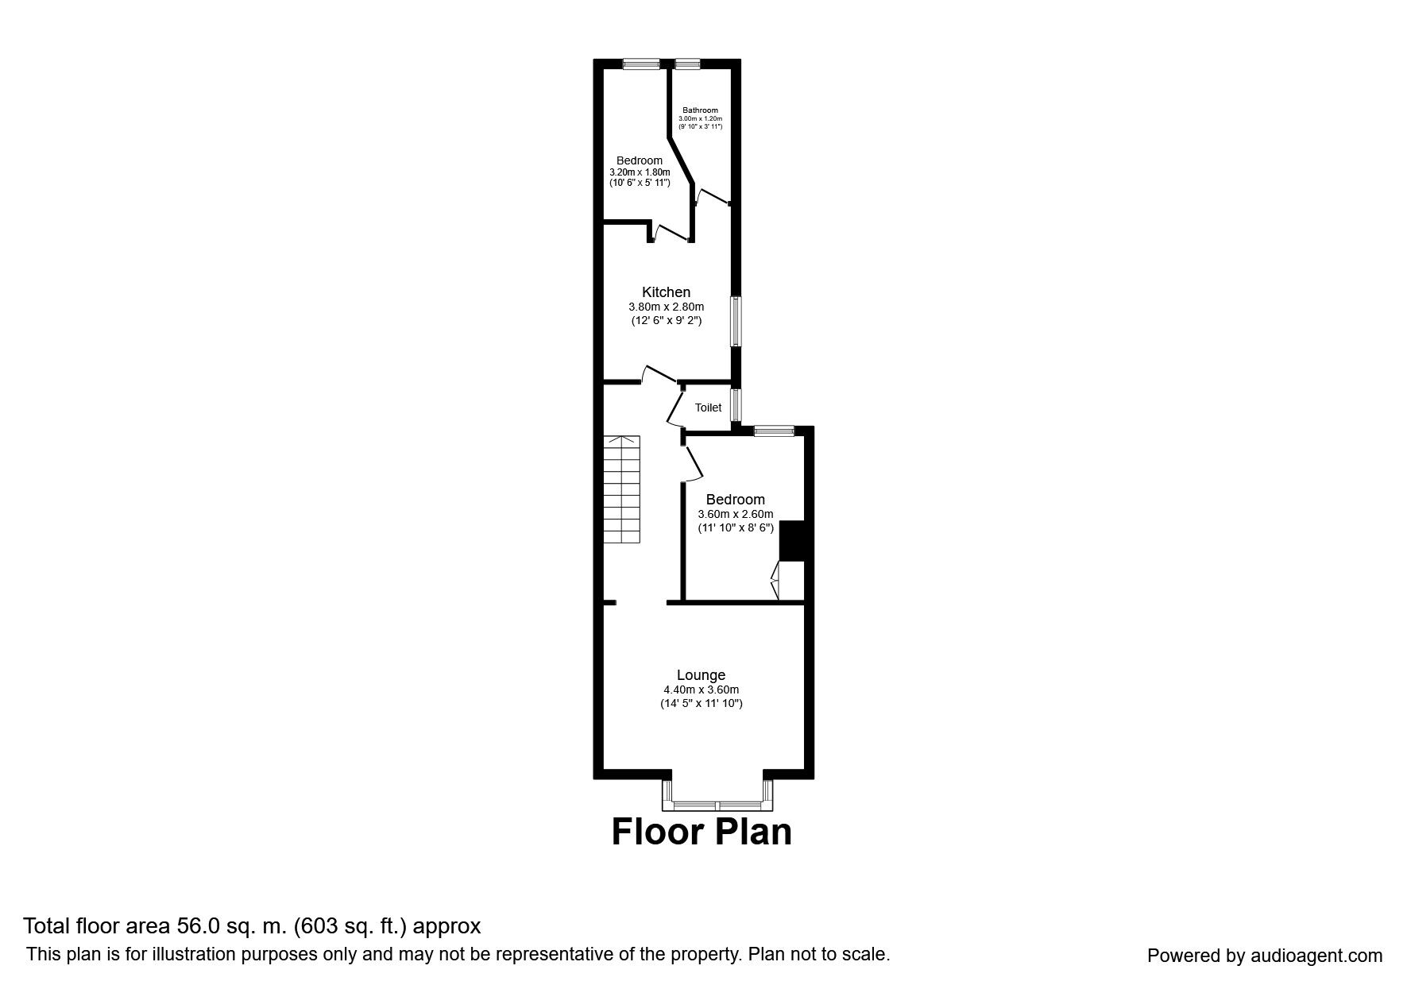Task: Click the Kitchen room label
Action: click(666, 292)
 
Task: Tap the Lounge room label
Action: click(701, 675)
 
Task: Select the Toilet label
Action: click(708, 408)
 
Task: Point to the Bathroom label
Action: click(700, 110)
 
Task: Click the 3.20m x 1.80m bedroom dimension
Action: click(640, 172)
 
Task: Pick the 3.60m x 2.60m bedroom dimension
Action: click(735, 514)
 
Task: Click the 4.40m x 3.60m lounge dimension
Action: click(701, 689)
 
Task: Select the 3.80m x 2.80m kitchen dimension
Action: click(666, 307)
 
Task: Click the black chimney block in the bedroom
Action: click(792, 541)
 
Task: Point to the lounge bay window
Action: click(717, 794)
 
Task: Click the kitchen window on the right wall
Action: click(736, 321)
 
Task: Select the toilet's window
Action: click(736, 404)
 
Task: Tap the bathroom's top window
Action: click(687, 64)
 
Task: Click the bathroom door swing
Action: click(712, 196)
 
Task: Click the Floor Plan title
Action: click(702, 832)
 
